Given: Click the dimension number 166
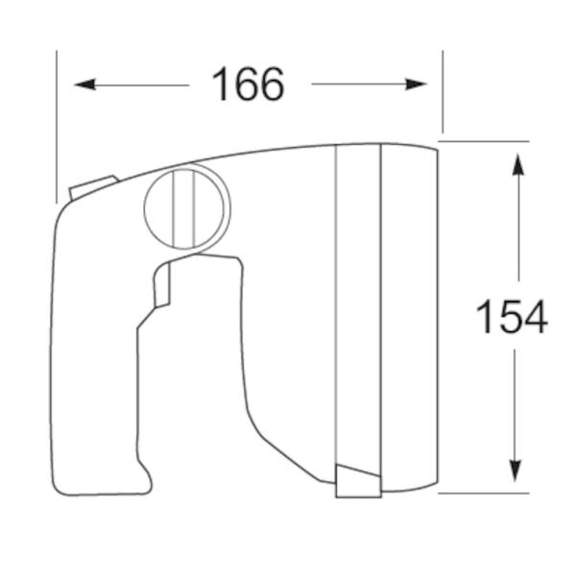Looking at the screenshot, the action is pos(249,84).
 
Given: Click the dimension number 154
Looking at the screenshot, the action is pos(512,316).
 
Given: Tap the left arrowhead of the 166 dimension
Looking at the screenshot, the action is pos(84,84).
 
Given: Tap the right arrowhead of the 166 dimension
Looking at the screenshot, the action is pos(416,84).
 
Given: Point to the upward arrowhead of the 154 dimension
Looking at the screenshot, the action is pos(518,165).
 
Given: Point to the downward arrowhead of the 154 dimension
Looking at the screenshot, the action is pos(515,471).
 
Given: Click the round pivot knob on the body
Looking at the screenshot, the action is pos(187,206).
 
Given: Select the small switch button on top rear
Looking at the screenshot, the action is pos(93,186).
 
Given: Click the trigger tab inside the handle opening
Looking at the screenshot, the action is pos(162,286).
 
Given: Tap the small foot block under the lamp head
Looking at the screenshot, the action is pos(358,481).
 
